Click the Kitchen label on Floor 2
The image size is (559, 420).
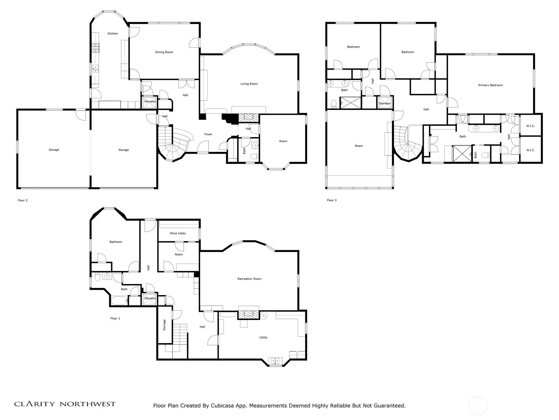click(x=112, y=34)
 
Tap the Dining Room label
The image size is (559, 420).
click(x=164, y=52)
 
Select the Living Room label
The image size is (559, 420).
click(x=249, y=84)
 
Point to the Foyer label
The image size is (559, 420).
click(x=208, y=134)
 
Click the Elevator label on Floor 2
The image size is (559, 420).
click(x=150, y=101)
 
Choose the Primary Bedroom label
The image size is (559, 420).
click(x=491, y=85)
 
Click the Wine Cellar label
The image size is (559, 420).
click(x=178, y=233)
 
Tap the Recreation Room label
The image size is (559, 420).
click(x=249, y=279)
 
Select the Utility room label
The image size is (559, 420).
click(x=263, y=337)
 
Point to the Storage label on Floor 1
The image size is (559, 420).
click(x=165, y=325)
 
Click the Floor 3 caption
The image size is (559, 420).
click(x=332, y=200)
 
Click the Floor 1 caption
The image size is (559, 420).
click(x=115, y=318)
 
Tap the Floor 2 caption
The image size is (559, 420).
click(x=23, y=200)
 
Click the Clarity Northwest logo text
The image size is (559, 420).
click(x=65, y=404)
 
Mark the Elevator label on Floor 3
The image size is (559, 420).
click(x=385, y=103)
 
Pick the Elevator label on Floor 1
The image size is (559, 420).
click(x=150, y=298)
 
